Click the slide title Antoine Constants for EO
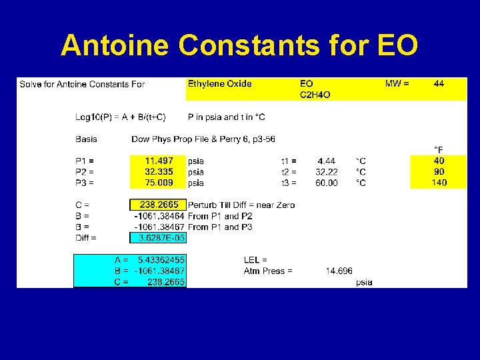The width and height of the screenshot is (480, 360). [239, 45]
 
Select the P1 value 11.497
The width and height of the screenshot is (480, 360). [159, 161]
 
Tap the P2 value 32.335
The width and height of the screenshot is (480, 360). [159, 171]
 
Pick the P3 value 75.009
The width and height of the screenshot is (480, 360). [159, 183]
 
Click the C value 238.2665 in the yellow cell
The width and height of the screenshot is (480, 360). [159, 205]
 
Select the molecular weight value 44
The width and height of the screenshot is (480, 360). [439, 84]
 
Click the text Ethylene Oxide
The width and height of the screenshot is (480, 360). [220, 84]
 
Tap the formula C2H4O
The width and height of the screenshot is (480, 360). [315, 95]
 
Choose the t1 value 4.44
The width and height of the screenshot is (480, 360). [327, 161]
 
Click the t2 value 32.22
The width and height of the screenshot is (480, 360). [327, 171]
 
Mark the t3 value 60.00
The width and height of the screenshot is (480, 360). [327, 183]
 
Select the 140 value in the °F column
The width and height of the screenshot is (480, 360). [439, 183]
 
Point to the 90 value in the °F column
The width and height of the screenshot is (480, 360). [439, 171]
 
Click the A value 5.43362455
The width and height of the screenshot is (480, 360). [161, 259]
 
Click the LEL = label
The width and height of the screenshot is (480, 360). [255, 259]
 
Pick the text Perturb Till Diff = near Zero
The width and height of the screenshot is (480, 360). [241, 205]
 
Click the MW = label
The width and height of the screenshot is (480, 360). [397, 84]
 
